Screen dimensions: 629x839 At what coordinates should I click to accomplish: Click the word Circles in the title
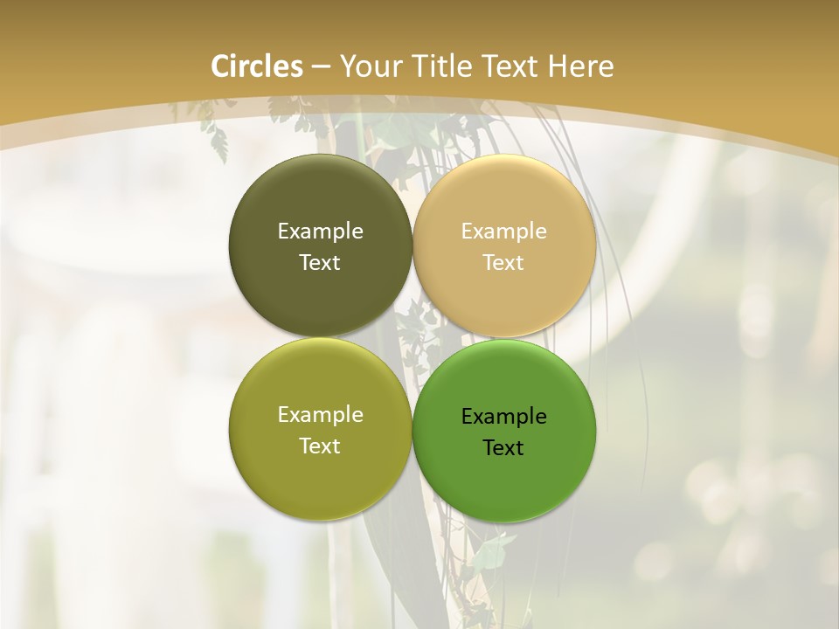point(256,66)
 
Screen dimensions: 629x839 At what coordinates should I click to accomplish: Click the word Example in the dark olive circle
point(320,232)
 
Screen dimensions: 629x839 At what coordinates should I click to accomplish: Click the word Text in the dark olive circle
point(320,262)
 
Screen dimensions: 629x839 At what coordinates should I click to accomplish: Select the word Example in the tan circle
point(504,232)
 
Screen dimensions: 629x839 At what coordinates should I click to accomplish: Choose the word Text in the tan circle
point(504,262)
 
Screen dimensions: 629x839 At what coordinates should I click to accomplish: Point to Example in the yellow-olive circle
point(320,415)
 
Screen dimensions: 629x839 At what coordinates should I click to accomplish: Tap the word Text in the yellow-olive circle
point(320,446)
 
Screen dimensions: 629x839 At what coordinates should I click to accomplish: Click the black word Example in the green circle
point(504,417)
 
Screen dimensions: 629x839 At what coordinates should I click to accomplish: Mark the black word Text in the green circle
point(504,447)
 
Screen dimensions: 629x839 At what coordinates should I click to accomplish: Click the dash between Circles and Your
point(321,67)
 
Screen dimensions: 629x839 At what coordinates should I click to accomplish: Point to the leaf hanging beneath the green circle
point(494,550)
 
